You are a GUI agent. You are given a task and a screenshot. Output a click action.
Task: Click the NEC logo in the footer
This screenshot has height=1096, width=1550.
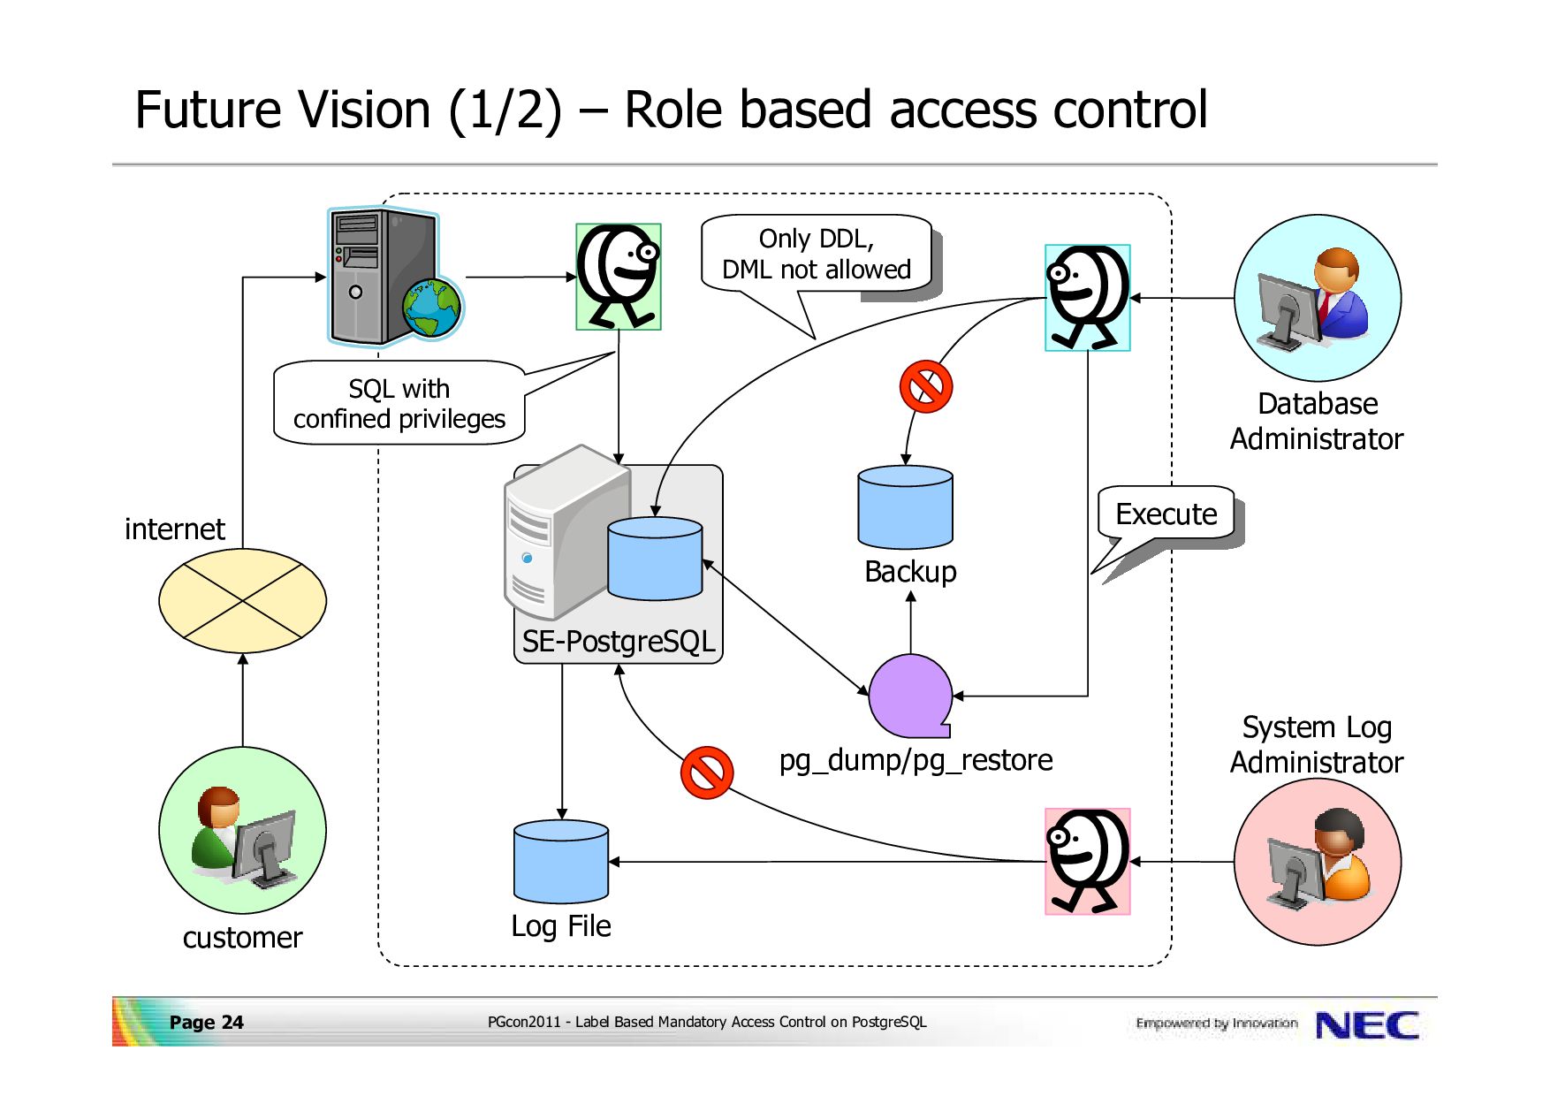[x=1367, y=1025]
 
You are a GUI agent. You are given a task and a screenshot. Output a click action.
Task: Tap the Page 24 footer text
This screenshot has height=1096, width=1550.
[x=206, y=1023]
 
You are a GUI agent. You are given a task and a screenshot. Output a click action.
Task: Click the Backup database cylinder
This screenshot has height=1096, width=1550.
[x=905, y=507]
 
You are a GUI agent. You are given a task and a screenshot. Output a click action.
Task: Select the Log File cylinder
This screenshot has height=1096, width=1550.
[x=561, y=862]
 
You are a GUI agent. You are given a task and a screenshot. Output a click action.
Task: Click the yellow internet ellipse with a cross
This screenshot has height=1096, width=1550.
[x=242, y=601]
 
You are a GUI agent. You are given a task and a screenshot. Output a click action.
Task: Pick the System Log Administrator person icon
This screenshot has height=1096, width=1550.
[x=1317, y=859]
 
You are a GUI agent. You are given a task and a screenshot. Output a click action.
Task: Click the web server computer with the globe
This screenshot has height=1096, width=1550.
[x=393, y=276]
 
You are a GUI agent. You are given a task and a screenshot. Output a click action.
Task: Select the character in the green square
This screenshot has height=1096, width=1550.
[x=619, y=277]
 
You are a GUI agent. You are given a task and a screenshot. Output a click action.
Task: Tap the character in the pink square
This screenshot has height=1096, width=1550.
[x=1088, y=861]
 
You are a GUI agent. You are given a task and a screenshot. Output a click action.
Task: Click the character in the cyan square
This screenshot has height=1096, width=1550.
[x=1088, y=298]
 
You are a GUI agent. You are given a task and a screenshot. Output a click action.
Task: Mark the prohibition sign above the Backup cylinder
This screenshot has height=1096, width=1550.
[x=925, y=386]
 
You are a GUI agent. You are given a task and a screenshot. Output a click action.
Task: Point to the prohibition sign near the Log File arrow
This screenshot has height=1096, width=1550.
[x=707, y=773]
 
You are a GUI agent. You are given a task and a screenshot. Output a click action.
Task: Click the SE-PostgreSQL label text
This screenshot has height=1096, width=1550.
[x=619, y=641]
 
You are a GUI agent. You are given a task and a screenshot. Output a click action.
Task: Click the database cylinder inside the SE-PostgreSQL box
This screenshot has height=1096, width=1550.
[x=655, y=559]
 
